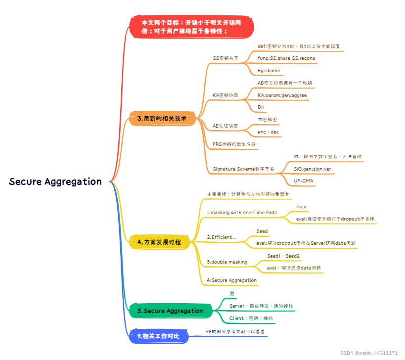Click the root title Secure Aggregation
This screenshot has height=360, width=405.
(x=55, y=181)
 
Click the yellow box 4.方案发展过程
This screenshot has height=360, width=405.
(x=159, y=242)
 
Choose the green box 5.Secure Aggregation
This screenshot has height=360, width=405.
(x=171, y=311)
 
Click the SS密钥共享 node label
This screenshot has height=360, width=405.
(x=225, y=58)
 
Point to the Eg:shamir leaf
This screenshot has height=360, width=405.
(x=269, y=70)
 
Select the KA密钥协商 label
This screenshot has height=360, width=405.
(x=225, y=94)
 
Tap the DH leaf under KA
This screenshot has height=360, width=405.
(x=262, y=107)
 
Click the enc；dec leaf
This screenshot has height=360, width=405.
(x=269, y=132)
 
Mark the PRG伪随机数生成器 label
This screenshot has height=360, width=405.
(x=234, y=144)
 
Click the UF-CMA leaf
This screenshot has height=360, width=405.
(x=304, y=181)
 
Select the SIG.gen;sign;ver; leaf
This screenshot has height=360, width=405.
(x=313, y=169)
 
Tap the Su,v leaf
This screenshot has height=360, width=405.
(x=302, y=206)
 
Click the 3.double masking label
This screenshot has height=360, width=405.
(x=227, y=262)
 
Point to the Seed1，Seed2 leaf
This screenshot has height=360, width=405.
(x=283, y=256)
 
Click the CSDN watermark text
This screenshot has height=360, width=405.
(x=369, y=353)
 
